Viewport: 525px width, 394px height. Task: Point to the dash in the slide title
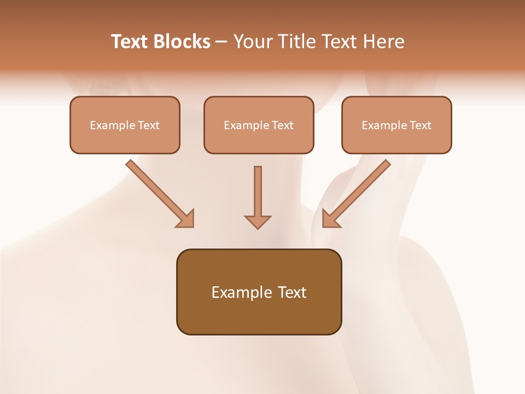221,42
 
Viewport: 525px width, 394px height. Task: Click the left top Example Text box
125,125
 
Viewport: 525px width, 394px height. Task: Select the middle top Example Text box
259,125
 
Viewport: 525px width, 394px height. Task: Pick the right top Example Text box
396,125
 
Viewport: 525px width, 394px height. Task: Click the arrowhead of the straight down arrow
258,221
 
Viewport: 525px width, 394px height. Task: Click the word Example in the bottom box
241,292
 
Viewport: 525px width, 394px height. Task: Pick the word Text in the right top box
420,125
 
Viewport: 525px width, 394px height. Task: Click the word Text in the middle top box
282,125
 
